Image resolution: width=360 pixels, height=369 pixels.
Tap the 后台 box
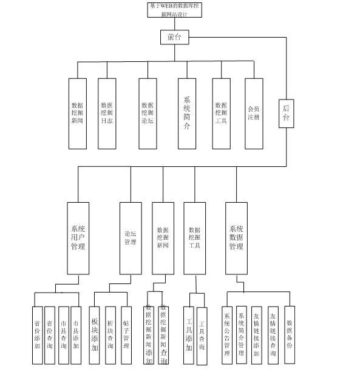pyautogui.click(x=287, y=112)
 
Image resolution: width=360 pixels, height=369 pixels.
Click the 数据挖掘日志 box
pyautogui.click(x=107, y=113)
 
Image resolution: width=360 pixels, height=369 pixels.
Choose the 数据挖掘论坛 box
pyautogui.click(x=147, y=113)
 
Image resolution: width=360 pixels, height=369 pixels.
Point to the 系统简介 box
pyautogui.click(x=187, y=113)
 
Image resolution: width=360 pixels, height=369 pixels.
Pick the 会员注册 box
pyautogui.click(x=254, y=113)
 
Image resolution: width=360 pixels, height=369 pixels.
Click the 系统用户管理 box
pyautogui.click(x=78, y=238)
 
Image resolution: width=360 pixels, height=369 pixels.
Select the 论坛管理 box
pyautogui.click(x=130, y=238)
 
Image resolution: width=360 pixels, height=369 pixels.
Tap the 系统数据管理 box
pyautogui.click(x=236, y=238)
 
